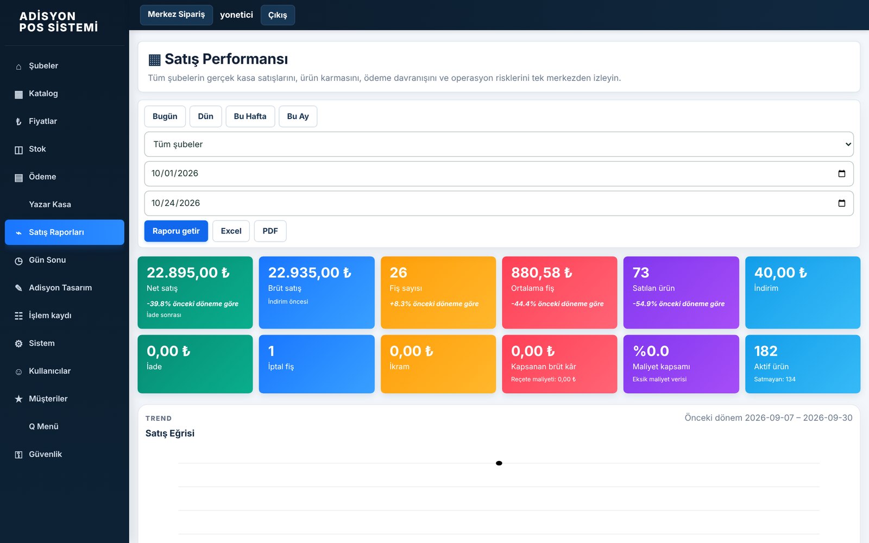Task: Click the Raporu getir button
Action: click(176, 231)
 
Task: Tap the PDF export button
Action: click(270, 231)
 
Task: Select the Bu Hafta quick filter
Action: click(250, 116)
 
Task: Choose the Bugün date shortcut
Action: click(165, 116)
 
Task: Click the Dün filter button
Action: click(206, 116)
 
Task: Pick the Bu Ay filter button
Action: click(298, 116)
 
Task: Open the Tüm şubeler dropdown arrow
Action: click(848, 144)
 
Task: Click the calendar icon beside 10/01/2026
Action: click(841, 173)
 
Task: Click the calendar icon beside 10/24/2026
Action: click(841, 203)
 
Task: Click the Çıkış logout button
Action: click(278, 15)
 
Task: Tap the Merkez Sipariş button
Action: click(176, 15)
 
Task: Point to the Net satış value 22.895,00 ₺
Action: click(188, 273)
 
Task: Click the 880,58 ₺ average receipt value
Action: click(541, 273)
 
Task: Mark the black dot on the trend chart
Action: click(499, 463)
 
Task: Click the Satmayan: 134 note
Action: click(774, 380)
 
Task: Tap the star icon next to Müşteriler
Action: click(18, 399)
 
